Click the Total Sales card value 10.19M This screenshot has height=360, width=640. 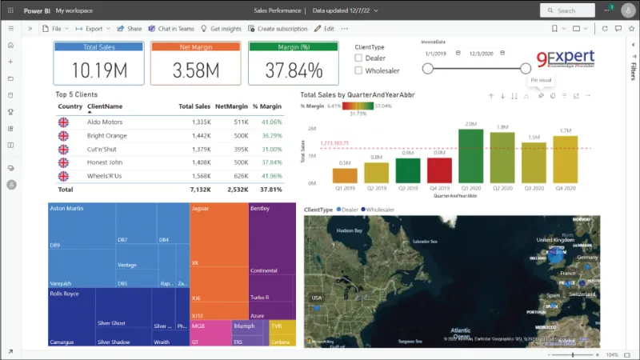[x=88, y=70]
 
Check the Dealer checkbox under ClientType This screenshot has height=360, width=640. [x=358, y=58]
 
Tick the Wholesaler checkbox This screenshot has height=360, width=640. [x=358, y=70]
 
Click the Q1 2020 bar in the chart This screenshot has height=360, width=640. [x=471, y=158]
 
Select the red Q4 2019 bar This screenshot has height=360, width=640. [x=439, y=171]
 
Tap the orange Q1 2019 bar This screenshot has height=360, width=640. [x=345, y=175]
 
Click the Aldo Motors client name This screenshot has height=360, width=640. [x=105, y=122]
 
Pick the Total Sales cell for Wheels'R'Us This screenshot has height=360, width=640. [x=200, y=176]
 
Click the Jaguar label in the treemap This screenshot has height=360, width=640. [x=202, y=209]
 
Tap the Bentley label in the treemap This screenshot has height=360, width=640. [x=260, y=209]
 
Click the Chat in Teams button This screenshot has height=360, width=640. [x=171, y=28]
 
